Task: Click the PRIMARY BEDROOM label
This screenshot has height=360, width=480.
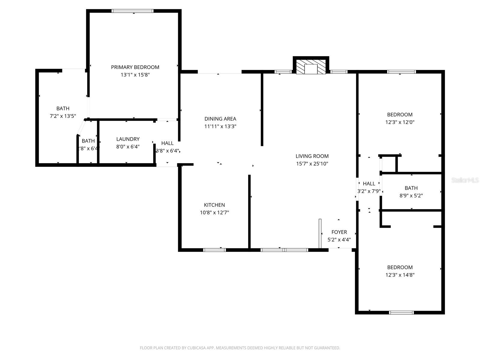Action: coord(135,67)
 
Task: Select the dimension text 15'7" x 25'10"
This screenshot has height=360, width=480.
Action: coord(312,164)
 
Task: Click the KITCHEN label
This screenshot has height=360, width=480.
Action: coord(214,205)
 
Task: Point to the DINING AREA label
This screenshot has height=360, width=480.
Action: coord(220,119)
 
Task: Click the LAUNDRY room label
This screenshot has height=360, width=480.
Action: coord(128,139)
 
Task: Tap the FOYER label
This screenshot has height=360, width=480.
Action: coord(339,232)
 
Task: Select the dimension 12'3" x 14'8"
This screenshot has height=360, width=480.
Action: coord(400,275)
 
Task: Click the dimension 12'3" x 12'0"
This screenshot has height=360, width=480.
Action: coord(400,122)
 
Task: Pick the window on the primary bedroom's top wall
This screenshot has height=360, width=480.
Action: coord(132,11)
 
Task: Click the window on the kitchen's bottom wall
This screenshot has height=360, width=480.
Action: coord(214,250)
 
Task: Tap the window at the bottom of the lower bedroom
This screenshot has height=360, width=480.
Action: coord(401,312)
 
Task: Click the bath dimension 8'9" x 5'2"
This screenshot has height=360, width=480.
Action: coord(411,196)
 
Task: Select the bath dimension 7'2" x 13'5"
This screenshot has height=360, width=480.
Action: coord(63,116)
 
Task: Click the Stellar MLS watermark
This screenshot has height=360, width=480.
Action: coord(465,180)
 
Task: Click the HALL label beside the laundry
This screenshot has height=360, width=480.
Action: coord(167,143)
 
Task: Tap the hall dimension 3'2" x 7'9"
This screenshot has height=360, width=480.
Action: coord(369,191)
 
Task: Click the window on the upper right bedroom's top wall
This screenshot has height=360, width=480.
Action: coord(401,72)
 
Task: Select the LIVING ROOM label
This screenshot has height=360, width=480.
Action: coord(312,156)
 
